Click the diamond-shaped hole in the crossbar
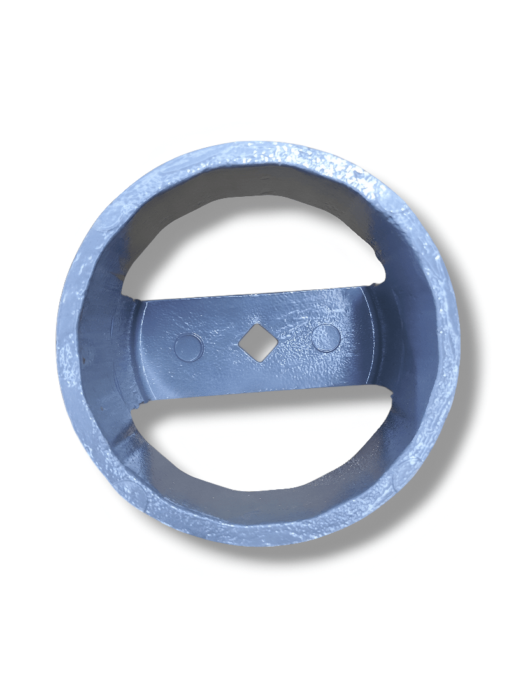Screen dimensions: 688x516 pos(258,343)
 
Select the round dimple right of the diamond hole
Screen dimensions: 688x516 pos(326,338)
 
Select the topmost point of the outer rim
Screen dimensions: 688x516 pos(255,142)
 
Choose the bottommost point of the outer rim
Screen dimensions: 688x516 pos(261,547)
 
